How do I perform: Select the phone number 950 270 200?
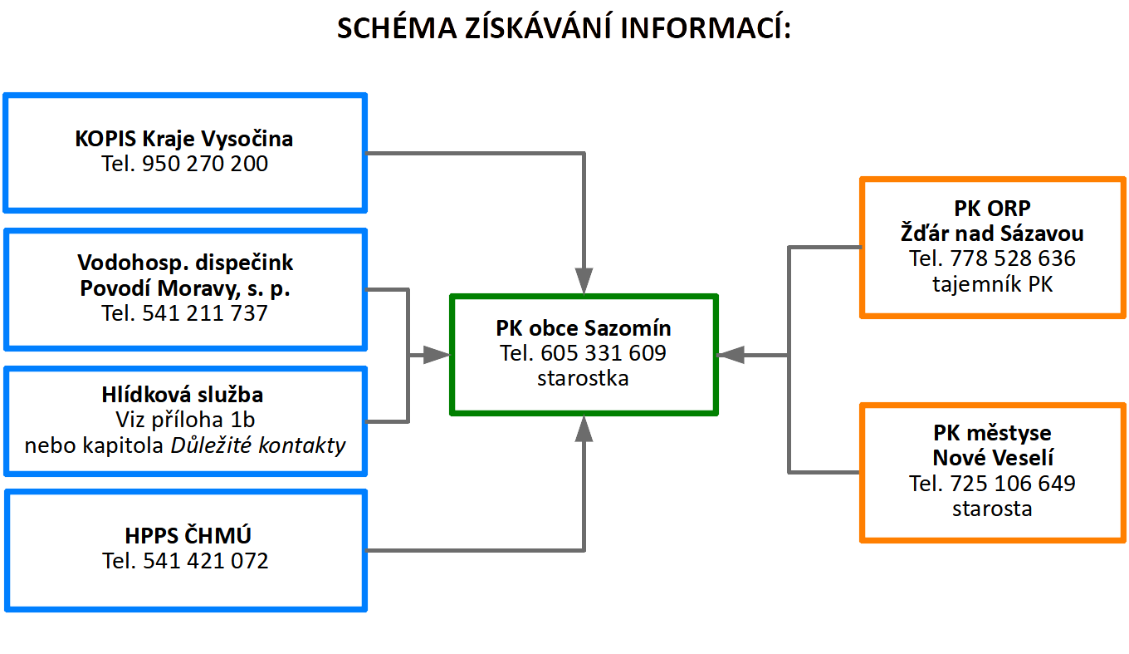(204, 164)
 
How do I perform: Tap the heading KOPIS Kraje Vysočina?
(184, 139)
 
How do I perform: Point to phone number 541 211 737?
(204, 313)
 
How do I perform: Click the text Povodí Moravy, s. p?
(185, 288)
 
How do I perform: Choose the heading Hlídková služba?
(183, 395)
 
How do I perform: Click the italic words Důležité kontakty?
(258, 445)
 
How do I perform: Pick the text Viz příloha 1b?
(185, 420)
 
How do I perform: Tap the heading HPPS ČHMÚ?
(188, 535)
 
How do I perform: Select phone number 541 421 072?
(206, 561)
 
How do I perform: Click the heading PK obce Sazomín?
(584, 328)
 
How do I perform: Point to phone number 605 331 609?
(604, 353)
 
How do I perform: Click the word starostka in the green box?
(583, 378)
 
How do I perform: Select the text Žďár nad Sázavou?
(992, 234)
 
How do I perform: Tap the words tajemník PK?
(992, 284)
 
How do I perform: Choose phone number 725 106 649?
(1013, 484)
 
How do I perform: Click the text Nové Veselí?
(993, 458)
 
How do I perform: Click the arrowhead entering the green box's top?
(584, 281)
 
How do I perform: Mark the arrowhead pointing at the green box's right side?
(731, 356)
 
